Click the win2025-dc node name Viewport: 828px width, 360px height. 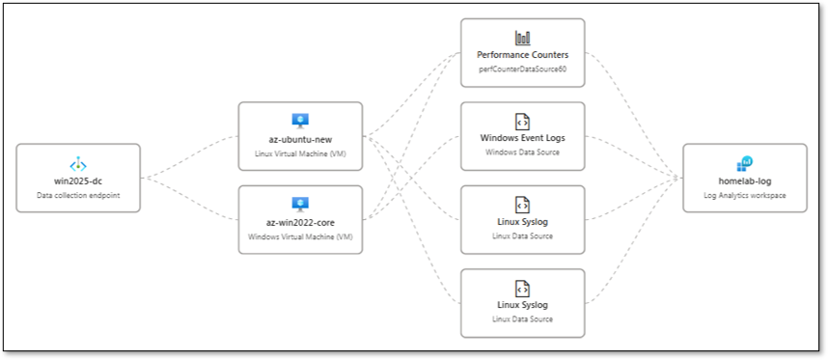click(x=78, y=180)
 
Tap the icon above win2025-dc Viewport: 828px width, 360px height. click(x=78, y=164)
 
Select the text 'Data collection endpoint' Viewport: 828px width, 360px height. click(x=78, y=195)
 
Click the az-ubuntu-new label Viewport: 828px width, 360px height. click(x=300, y=139)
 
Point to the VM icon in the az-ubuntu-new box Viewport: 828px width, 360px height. click(x=300, y=121)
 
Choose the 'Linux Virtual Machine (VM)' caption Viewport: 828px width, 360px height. click(x=300, y=153)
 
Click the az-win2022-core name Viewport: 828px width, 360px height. click(x=300, y=221)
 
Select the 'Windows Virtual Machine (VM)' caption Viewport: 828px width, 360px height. click(x=300, y=236)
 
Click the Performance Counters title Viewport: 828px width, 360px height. click(x=522, y=56)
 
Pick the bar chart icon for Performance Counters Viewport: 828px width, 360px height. click(x=522, y=38)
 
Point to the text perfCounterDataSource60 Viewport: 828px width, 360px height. click(x=522, y=70)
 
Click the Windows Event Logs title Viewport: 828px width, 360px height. click(x=522, y=138)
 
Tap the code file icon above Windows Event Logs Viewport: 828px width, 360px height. click(x=522, y=121)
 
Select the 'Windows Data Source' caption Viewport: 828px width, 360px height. click(x=522, y=152)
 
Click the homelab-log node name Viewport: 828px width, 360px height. click(x=744, y=180)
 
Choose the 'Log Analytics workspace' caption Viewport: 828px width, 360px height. click(x=744, y=195)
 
